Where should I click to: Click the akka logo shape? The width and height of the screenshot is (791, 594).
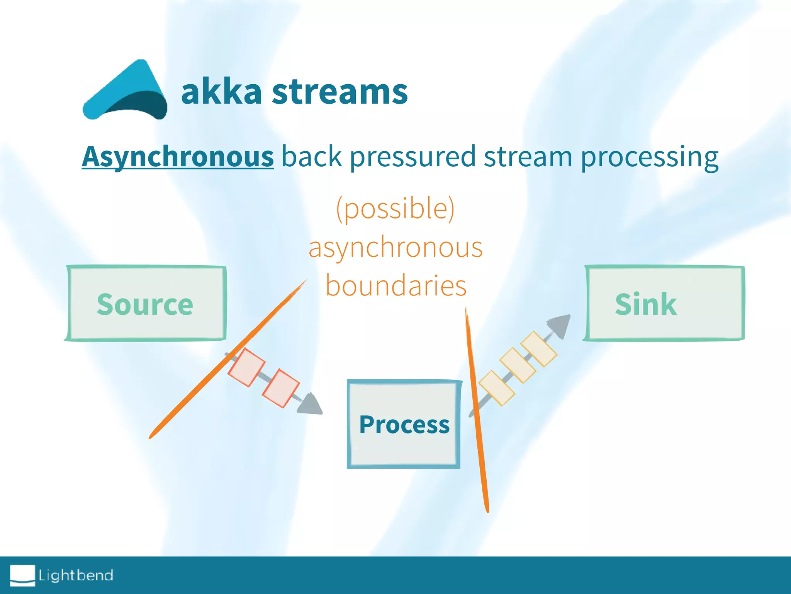coord(126,93)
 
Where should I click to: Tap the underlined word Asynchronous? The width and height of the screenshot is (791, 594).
coord(178,157)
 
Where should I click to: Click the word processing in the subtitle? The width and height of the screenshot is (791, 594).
coord(649,157)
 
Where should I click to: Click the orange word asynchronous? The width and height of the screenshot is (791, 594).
coord(395,247)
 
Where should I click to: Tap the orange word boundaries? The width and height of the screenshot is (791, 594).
coord(396,285)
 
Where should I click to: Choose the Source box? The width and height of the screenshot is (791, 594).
coord(145,304)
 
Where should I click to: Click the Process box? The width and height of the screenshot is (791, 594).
coord(404,424)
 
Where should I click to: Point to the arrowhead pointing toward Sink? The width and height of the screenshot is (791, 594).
coord(560,325)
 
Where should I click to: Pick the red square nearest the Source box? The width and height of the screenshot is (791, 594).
coord(246,367)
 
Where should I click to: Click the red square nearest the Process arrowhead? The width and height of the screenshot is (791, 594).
coord(281,388)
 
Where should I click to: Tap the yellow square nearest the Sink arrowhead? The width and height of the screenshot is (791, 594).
coord(539,349)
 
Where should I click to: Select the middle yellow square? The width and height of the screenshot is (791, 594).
coord(518,365)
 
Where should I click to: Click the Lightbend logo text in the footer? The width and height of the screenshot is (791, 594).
coord(76,575)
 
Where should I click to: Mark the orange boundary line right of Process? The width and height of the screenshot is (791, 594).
coord(477,410)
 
